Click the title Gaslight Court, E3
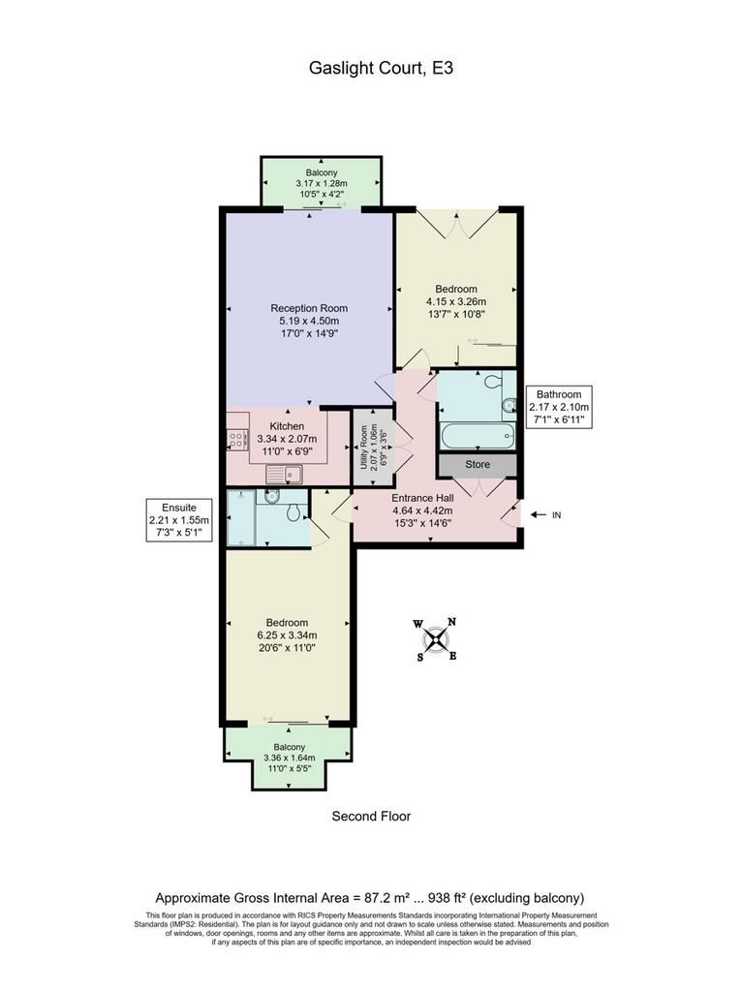coord(381,69)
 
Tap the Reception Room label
coord(309,308)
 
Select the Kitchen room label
coord(287,426)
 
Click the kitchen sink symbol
coord(286,473)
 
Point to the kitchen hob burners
coord(237,439)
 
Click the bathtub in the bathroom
coord(478,437)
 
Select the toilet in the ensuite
coord(293,512)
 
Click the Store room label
coord(478,464)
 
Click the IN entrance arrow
coord(538,515)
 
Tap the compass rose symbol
coord(435,639)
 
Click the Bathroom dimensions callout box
coord(559,407)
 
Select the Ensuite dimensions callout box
coord(179,520)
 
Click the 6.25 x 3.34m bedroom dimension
coord(287,635)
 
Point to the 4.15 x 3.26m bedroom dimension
coord(455,302)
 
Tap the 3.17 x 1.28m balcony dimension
coord(322,183)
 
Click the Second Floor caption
coord(371,816)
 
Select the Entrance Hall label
coord(422,499)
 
